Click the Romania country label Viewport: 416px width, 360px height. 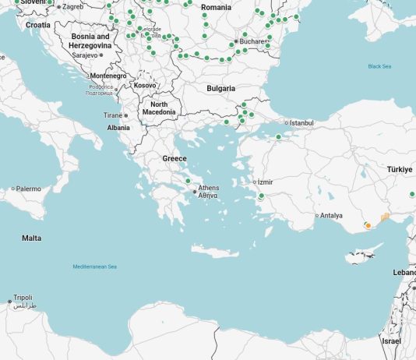click(x=216, y=7)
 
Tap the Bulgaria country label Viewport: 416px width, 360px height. click(x=220, y=89)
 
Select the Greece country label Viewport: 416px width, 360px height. click(x=175, y=158)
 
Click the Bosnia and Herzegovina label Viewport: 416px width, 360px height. click(x=90, y=41)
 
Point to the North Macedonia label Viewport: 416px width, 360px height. click(x=159, y=108)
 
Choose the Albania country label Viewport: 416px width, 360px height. click(x=118, y=127)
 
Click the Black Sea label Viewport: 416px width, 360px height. click(x=379, y=66)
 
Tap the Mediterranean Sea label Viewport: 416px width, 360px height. click(x=94, y=267)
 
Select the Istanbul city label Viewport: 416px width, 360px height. click(x=301, y=123)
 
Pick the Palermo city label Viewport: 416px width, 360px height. click(x=29, y=189)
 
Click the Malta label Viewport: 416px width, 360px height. click(x=31, y=238)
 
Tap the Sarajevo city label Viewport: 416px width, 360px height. click(x=84, y=55)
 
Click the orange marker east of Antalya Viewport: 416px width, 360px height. click(x=368, y=226)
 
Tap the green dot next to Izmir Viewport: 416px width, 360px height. click(x=261, y=196)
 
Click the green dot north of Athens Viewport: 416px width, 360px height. click(x=188, y=181)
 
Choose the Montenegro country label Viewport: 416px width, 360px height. click(x=108, y=76)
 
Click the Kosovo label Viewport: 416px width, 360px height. click(x=145, y=85)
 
